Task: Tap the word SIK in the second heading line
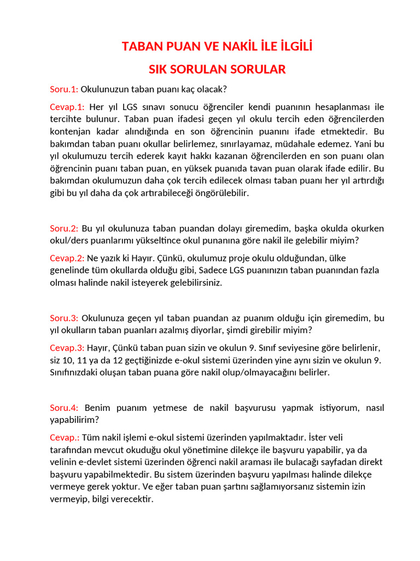159,70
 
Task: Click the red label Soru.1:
64,89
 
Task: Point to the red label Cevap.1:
67,106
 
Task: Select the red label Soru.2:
64,228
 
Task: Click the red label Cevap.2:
67,258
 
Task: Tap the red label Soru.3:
64,318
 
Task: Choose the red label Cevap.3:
67,348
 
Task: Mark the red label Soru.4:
64,408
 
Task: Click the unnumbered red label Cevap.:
65,437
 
